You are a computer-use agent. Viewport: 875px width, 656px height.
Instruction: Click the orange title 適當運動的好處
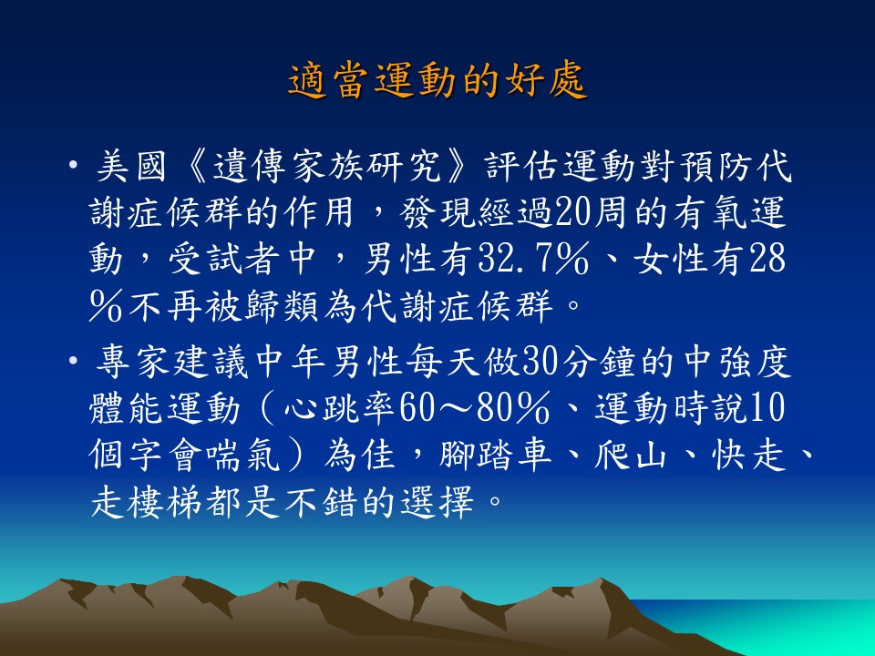[437, 80]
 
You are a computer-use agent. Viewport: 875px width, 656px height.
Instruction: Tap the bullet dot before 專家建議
[73, 361]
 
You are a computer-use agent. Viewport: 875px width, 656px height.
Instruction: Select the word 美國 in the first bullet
[131, 166]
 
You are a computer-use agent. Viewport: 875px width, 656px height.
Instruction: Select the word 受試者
[224, 260]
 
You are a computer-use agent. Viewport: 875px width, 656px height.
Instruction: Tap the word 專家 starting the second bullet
[131, 362]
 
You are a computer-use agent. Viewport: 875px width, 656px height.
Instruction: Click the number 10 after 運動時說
[767, 408]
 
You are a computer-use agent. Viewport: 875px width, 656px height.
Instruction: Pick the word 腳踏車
[496, 456]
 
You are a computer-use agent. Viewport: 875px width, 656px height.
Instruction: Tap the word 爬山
[631, 456]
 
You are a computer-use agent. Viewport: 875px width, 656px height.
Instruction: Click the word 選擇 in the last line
[438, 501]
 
